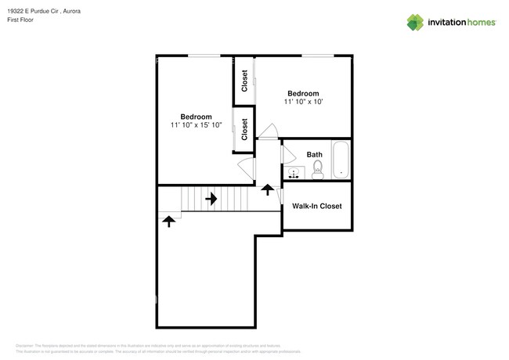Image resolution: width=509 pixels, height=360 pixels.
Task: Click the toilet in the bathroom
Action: pos(318,174)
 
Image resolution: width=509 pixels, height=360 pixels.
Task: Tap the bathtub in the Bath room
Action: pos(341,160)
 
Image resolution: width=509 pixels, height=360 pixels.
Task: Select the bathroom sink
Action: pos(294,174)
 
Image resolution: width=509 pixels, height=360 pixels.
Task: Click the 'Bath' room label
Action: pos(314,155)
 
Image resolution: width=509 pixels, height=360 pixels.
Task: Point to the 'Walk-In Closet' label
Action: pos(316,207)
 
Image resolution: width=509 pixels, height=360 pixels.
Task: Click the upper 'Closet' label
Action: pos(244,81)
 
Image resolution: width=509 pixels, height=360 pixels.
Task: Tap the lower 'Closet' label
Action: pos(244,129)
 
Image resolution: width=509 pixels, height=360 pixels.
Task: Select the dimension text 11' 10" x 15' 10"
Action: pos(196,125)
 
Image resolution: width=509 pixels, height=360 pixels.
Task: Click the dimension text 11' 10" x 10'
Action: pos(303,102)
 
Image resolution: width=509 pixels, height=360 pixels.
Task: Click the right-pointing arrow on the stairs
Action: pos(211,199)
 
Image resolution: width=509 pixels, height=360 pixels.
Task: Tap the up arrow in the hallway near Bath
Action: pos(267,189)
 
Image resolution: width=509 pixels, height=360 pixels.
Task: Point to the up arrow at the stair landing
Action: pos(168,221)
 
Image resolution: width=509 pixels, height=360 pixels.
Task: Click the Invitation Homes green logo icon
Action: pos(416,22)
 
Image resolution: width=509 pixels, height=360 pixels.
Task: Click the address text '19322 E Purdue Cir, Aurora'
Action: pos(48,12)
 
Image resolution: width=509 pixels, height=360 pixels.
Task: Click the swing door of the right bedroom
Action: pos(269,131)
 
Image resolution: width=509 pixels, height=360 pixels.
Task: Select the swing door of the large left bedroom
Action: pos(245,167)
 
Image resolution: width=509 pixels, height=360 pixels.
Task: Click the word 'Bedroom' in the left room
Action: pos(196,117)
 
